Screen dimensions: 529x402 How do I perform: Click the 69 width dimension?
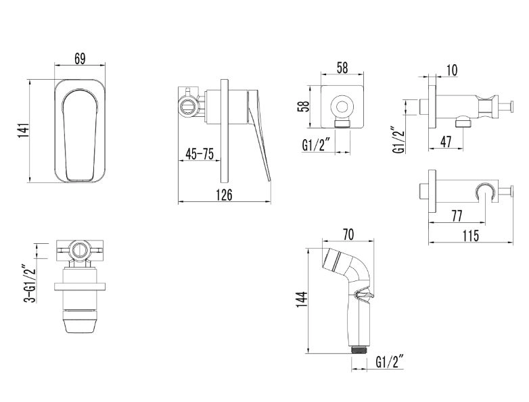click(x=80, y=59)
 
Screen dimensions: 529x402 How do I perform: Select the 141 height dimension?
click(x=23, y=131)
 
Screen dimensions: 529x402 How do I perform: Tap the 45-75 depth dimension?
click(x=200, y=154)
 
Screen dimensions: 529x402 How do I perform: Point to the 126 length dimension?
click(x=225, y=195)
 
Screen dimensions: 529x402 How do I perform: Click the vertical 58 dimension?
click(x=304, y=107)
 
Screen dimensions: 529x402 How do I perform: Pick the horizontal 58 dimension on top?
click(x=342, y=68)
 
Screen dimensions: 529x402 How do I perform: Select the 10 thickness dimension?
click(x=452, y=70)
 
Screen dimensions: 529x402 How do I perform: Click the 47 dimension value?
click(x=446, y=141)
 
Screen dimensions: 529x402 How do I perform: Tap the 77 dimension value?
click(x=457, y=216)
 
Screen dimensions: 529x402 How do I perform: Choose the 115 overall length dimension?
click(x=471, y=236)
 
